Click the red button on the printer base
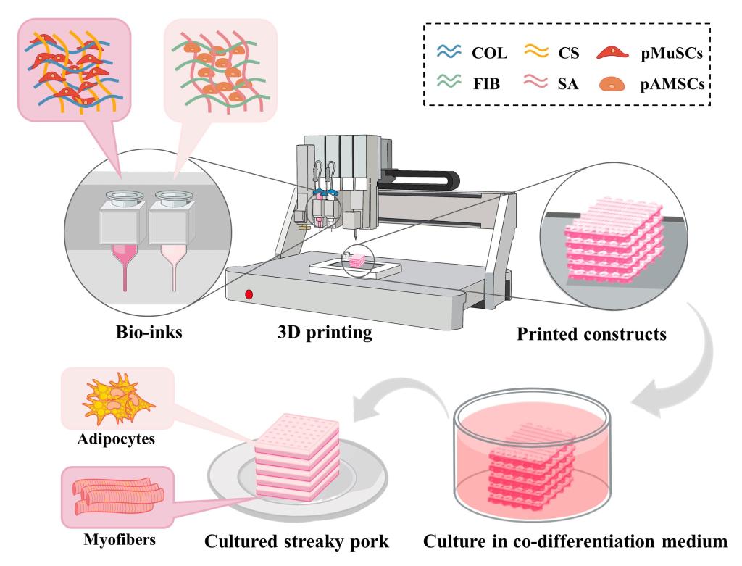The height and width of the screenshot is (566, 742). [249, 294]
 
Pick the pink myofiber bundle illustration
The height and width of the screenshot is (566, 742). [114, 493]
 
